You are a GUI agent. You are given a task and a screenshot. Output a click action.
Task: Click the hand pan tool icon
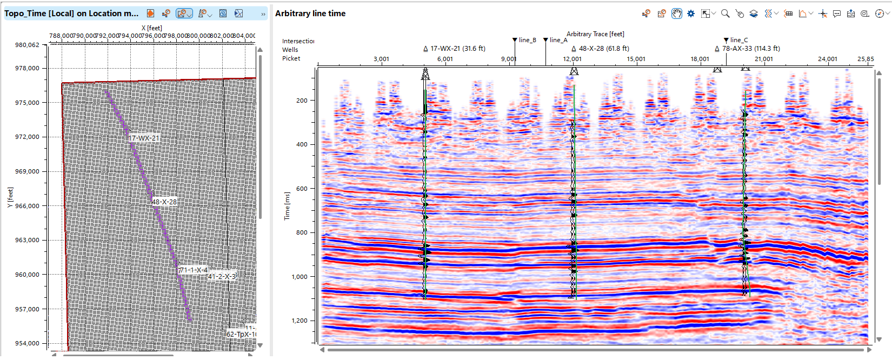(677, 14)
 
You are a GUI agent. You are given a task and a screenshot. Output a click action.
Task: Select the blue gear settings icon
(691, 14)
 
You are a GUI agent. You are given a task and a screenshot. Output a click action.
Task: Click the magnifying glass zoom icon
(725, 14)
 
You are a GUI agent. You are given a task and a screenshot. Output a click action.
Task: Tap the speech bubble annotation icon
(837, 14)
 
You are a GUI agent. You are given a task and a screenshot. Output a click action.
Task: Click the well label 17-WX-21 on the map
(144, 138)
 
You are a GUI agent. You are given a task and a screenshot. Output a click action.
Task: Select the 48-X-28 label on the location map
(164, 202)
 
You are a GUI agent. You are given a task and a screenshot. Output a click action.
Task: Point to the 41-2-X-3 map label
(222, 276)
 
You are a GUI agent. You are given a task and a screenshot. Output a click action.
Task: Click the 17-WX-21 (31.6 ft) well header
(457, 49)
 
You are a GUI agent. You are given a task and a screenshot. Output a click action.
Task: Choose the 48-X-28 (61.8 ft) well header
(604, 49)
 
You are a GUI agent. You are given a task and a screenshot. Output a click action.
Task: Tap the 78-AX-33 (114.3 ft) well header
(751, 49)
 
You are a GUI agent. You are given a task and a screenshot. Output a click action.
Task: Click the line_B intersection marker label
(527, 40)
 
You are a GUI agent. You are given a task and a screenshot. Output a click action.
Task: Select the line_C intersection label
(739, 40)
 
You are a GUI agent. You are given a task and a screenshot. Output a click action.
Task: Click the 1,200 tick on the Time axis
(299, 321)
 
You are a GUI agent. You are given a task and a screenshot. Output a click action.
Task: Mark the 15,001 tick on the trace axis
(636, 59)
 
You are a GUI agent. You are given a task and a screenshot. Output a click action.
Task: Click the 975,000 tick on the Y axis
(27, 103)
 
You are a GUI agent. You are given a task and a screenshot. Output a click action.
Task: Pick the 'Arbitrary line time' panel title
(310, 14)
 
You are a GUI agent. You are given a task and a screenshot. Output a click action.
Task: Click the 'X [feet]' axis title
(151, 28)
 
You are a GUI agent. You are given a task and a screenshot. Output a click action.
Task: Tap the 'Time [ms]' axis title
(287, 206)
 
